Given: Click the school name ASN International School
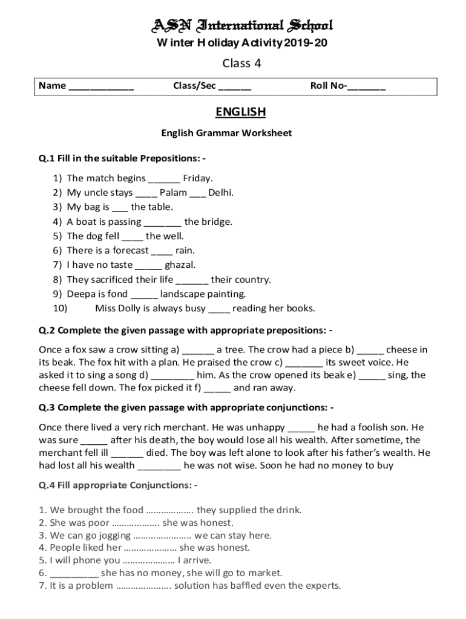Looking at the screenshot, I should click(241, 25).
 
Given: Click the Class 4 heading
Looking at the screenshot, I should click(241, 63).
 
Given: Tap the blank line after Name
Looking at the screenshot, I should click(101, 86).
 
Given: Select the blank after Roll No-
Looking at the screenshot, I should click(367, 86).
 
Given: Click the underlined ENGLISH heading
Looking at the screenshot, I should click(241, 112).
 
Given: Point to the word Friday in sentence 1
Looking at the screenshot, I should click(197, 178).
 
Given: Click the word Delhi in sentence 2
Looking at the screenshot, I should click(220, 193).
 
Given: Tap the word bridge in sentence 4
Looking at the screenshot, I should click(216, 222).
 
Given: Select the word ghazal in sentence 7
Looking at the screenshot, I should click(180, 265).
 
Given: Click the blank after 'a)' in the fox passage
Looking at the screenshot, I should click(198, 350).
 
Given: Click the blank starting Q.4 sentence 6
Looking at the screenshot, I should click(74, 573).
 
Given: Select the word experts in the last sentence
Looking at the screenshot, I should click(322, 586).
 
